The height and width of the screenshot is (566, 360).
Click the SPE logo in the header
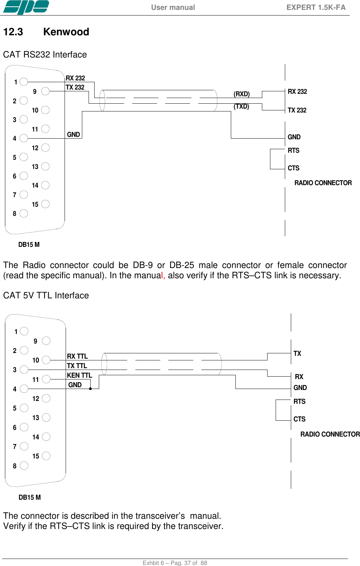tap(26, 7)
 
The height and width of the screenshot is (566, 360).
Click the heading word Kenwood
tap(66, 32)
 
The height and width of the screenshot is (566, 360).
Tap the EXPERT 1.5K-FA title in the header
tap(316, 7)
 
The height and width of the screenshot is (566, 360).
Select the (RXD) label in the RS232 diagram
tap(241, 94)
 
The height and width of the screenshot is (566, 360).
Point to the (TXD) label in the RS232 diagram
tap(241, 106)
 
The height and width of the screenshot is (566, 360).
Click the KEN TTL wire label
tap(79, 375)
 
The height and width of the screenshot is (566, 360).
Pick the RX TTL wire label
tap(77, 356)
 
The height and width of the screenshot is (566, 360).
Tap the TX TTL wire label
tap(77, 366)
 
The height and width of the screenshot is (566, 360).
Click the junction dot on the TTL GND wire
tap(90, 389)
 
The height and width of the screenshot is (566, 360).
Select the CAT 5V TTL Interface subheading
tap(46, 296)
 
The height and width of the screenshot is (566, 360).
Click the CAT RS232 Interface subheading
tap(45, 55)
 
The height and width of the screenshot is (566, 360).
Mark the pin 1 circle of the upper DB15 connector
tap(24, 82)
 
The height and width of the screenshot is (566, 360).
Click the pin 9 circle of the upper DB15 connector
tap(45, 91)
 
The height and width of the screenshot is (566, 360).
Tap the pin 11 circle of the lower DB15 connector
tap(46, 379)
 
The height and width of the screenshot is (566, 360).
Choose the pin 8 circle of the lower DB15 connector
tap(24, 465)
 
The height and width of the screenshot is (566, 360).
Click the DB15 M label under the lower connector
tap(30, 497)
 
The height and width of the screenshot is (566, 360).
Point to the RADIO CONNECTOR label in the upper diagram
tap(323, 183)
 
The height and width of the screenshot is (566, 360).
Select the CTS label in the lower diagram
tap(299, 419)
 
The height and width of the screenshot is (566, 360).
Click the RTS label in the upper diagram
tap(293, 151)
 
